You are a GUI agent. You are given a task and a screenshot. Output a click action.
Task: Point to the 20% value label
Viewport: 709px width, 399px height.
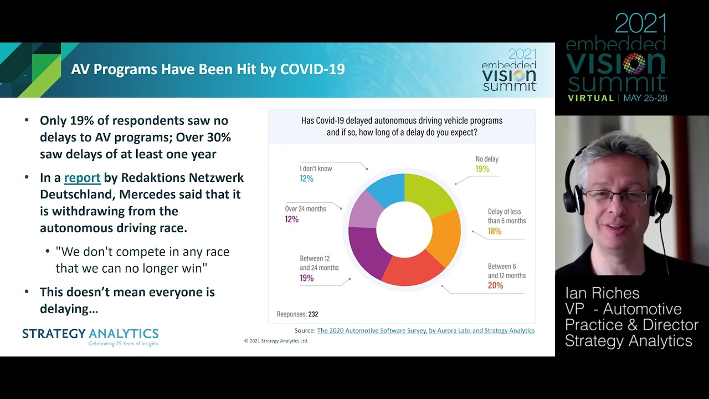tap(495, 285)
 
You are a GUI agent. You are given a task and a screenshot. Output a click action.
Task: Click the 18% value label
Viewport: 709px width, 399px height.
tap(495, 231)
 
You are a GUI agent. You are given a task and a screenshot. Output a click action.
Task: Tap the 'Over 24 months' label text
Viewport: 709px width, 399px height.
tap(305, 209)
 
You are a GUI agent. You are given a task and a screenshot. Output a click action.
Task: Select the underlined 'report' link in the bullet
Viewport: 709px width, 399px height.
tap(82, 178)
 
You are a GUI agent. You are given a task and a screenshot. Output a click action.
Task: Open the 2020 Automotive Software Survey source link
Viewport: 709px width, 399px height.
tap(425, 330)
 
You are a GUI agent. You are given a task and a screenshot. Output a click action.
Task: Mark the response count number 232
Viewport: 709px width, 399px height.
tap(313, 314)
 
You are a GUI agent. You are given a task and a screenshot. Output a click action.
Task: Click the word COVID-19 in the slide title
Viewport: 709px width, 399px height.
tap(312, 69)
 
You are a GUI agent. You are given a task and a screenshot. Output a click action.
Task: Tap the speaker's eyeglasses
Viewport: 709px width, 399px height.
tap(615, 196)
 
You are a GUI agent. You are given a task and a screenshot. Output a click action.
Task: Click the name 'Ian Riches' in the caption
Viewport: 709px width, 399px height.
tap(602, 293)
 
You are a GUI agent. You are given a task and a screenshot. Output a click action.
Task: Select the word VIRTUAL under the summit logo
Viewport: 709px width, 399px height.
tap(591, 98)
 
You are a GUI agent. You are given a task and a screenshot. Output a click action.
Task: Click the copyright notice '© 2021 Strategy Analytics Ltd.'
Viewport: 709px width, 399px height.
tap(276, 341)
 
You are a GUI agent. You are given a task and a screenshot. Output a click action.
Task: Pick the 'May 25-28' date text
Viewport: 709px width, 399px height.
tap(645, 98)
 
